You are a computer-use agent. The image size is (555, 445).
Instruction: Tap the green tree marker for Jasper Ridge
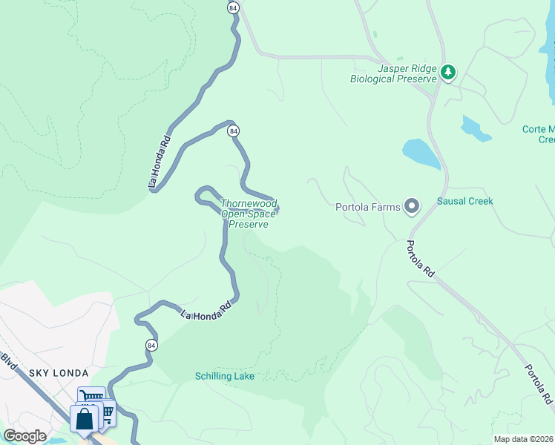click(x=447, y=73)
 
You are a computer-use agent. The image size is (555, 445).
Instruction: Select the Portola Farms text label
click(x=368, y=207)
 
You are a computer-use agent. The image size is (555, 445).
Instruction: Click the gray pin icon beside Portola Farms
click(x=412, y=207)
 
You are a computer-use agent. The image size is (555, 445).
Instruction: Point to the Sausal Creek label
click(x=464, y=201)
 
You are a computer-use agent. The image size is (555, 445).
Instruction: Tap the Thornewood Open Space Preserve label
click(x=249, y=214)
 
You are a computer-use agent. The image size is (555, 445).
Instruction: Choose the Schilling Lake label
click(x=225, y=376)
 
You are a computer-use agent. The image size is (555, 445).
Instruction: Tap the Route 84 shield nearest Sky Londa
click(x=151, y=346)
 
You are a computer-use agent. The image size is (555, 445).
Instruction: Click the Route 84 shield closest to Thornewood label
click(x=233, y=131)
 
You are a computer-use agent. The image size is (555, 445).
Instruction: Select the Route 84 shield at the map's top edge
click(x=233, y=7)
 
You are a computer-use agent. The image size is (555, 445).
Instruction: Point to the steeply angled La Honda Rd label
click(x=159, y=159)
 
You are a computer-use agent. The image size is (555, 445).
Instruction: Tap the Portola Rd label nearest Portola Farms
click(x=421, y=259)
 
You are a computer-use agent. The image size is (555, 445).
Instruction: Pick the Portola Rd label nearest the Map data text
click(x=539, y=383)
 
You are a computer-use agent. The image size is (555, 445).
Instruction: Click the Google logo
click(x=24, y=436)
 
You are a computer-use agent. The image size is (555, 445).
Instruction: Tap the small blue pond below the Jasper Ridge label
click(x=476, y=128)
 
